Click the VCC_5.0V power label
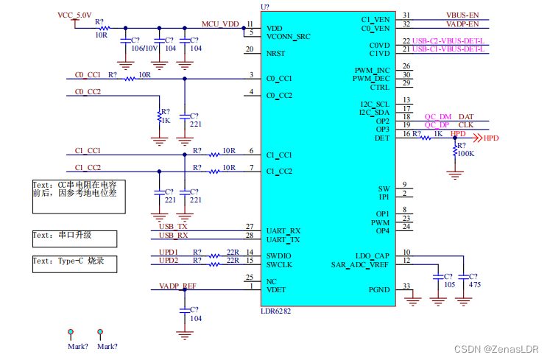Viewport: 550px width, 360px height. coord(74,15)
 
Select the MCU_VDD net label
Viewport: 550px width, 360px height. coord(220,24)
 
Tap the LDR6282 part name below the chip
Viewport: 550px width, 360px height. coord(275,311)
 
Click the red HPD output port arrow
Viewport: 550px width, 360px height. coord(478,138)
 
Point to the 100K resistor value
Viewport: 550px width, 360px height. coord(466,154)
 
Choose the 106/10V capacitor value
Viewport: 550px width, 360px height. coord(144,49)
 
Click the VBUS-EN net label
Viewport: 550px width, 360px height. coord(462,15)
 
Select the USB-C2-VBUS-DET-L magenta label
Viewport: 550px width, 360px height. coord(448,40)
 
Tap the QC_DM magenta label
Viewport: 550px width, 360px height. coord(438,116)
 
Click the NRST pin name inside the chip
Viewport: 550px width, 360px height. coord(275,53)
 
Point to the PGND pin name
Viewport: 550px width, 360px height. coord(379,290)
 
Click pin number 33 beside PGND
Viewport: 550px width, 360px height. coord(406,286)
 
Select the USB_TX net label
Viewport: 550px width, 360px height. coord(173,226)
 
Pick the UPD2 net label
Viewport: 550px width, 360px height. coord(169,261)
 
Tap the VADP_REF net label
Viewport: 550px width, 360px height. coord(177,286)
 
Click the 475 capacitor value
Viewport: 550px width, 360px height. coord(475,285)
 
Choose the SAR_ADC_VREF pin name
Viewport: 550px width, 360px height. coord(360,264)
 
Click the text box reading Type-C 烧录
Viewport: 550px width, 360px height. coord(74,264)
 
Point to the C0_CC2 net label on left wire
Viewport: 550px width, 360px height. coord(88,91)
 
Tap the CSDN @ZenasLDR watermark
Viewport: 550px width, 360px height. coord(496,349)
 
